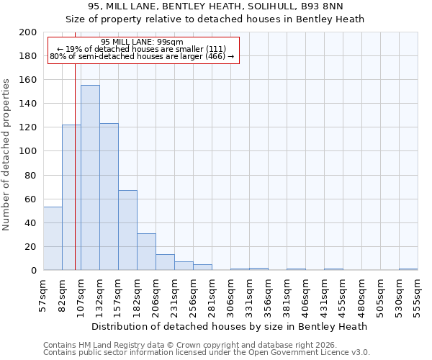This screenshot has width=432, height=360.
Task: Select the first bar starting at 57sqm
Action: [x=53, y=238]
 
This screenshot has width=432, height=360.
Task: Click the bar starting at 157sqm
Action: [x=127, y=230]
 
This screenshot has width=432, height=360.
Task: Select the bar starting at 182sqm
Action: [x=146, y=252]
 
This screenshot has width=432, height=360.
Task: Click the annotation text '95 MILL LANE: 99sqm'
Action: [x=142, y=42]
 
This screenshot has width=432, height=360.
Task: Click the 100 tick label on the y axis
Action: [x=28, y=151]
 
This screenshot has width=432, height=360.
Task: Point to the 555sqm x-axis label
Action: [x=418, y=294]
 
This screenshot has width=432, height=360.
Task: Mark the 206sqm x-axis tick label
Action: [x=156, y=294]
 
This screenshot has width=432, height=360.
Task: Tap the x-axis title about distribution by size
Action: [x=229, y=326]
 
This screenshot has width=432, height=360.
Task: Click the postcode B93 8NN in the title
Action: [x=323, y=7]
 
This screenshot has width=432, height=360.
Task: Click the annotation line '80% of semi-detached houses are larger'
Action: [x=142, y=56]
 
